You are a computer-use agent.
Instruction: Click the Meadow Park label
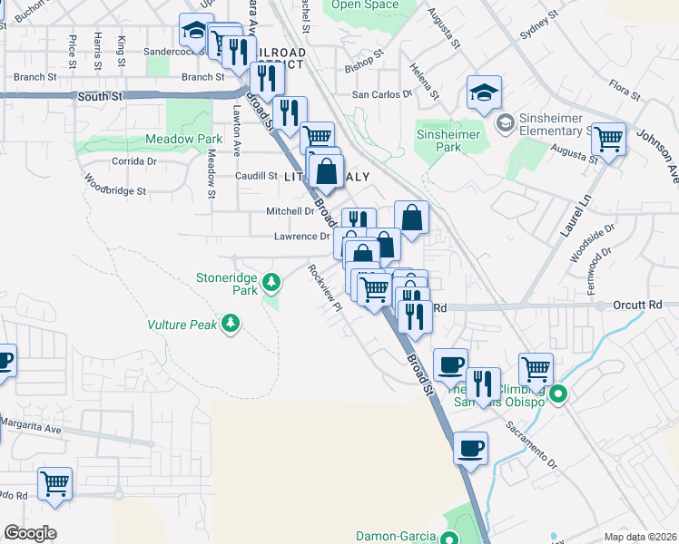click(184, 140)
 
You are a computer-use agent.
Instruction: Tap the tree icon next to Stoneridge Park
click(271, 285)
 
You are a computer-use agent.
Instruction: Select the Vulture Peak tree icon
click(231, 323)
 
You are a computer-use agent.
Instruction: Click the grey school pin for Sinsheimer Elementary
click(505, 121)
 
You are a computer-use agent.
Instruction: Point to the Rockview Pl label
click(324, 287)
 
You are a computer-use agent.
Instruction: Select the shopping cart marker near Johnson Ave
click(608, 140)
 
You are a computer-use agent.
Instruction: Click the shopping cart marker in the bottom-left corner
click(54, 483)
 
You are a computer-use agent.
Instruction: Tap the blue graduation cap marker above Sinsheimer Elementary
click(484, 92)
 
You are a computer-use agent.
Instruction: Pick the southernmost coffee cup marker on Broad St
click(470, 448)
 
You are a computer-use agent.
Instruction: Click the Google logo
click(30, 533)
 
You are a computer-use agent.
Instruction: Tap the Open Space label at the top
click(365, 5)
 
